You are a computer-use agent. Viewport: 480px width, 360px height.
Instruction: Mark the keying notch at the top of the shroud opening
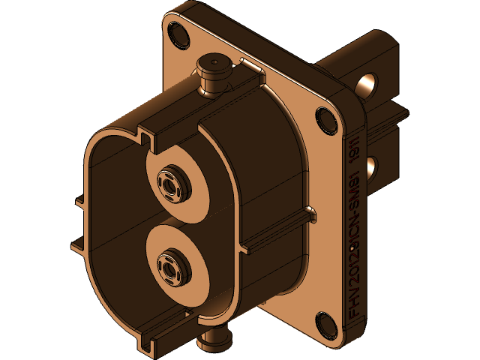[x=142, y=138]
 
